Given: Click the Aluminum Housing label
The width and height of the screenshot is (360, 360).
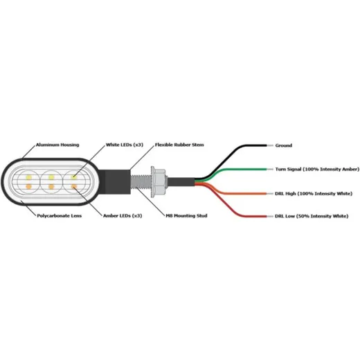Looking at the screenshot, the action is tap(57, 145).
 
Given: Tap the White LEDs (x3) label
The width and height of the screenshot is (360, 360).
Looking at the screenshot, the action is tap(125, 145).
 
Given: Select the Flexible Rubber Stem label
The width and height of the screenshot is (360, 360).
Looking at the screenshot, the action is tap(179, 145).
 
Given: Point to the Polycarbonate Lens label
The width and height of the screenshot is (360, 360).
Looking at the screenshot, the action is tap(60, 216).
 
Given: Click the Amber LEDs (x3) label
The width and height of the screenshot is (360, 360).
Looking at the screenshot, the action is tap(123, 216).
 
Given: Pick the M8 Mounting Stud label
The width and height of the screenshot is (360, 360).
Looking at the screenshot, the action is tap(186, 216).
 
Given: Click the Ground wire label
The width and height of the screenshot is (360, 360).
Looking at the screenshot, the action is tap(284, 145).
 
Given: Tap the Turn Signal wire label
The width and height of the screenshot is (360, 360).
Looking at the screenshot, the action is tap(317, 169).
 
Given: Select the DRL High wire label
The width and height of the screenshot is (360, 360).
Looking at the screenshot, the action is tap(314, 193).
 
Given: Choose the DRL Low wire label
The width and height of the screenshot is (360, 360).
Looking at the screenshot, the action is tap(312, 216).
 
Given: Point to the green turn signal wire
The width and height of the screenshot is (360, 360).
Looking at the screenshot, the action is tap(231, 170).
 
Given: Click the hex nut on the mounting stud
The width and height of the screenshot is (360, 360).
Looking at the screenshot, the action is tap(159, 182).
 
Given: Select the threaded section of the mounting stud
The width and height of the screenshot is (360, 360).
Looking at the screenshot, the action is tap(141, 182).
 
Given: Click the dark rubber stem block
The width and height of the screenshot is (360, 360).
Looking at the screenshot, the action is tap(116, 182).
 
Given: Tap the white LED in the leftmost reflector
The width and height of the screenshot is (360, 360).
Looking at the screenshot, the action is tap(28, 177).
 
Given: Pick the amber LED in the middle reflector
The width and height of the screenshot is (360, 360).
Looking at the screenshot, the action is tap(51, 186).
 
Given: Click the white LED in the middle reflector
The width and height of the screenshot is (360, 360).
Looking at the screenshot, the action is tap(51, 177).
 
